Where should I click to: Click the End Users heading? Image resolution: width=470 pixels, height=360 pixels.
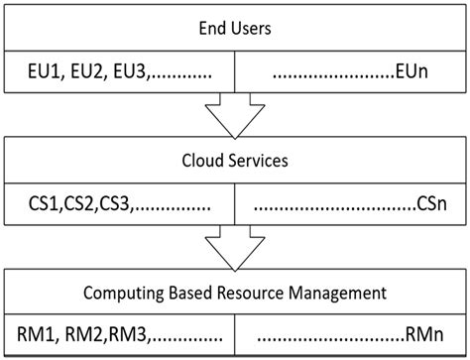click(235, 27)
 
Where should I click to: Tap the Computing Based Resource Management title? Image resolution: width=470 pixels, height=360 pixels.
click(235, 294)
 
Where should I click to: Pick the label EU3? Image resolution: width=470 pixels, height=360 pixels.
click(129, 72)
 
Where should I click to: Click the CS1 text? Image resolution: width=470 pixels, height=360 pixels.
click(45, 206)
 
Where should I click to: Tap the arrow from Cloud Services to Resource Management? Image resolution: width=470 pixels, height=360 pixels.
click(235, 249)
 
